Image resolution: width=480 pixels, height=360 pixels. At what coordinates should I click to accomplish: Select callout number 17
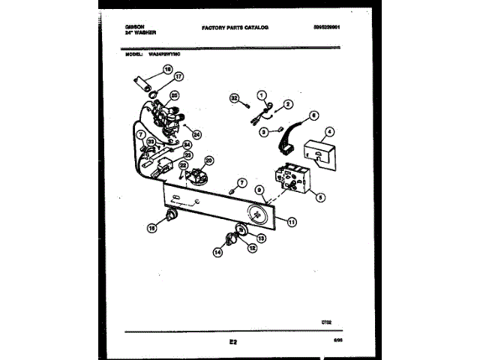[x=178, y=76]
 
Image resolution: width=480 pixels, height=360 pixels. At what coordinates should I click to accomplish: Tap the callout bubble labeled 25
[x=174, y=96]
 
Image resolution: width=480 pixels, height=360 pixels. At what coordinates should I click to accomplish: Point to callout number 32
[x=233, y=97]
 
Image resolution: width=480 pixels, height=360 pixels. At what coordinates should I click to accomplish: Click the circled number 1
[x=262, y=94]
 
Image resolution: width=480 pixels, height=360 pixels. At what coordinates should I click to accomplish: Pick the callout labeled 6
[x=314, y=115]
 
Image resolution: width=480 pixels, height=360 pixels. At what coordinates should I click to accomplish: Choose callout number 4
[x=329, y=131]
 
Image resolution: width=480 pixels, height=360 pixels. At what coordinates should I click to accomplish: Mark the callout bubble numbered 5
[x=321, y=198]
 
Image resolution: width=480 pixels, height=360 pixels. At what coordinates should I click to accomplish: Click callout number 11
[x=292, y=221]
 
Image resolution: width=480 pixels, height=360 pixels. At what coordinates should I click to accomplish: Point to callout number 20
[x=208, y=160]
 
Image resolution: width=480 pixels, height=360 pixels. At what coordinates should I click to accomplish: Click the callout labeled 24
[x=197, y=135]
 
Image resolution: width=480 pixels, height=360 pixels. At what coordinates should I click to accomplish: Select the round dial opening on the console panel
[x=257, y=214]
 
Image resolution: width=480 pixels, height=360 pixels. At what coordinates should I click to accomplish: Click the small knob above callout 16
[x=172, y=217]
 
